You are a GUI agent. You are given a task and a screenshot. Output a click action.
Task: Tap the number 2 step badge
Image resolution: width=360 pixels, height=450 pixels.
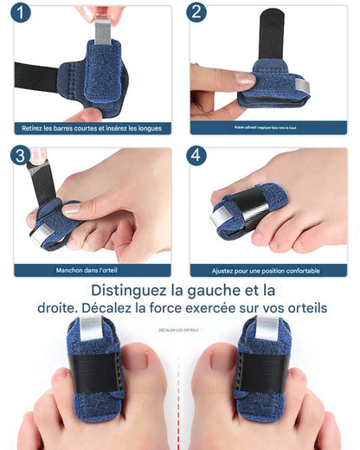click(197, 13)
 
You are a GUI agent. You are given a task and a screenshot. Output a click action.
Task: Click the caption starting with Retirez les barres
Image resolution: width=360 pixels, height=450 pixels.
click(92, 128)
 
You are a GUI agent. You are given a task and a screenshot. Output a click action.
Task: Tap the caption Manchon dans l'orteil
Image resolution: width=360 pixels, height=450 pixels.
click(92, 270)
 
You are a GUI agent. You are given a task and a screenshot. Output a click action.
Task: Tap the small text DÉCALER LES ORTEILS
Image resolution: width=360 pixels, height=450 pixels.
click(179, 330)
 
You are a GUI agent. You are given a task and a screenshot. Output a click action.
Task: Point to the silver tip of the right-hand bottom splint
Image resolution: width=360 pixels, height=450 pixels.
click(266, 330)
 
